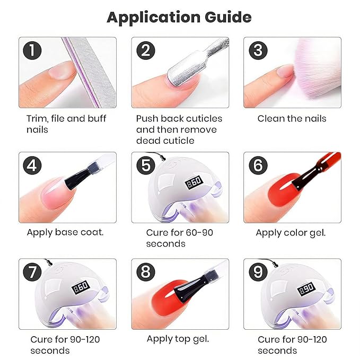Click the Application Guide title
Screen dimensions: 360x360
(179, 17)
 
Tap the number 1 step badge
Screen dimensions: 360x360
(33, 51)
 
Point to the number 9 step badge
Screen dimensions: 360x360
(258, 273)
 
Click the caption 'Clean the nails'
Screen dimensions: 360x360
(292, 118)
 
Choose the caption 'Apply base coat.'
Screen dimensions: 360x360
(65, 232)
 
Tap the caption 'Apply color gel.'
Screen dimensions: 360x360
(291, 232)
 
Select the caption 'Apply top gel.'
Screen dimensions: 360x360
(178, 339)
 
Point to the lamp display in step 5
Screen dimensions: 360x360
(194, 182)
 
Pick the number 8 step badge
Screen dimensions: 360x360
(145, 273)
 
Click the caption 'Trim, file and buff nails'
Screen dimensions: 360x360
(66, 124)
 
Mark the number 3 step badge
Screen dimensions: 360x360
(258, 51)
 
